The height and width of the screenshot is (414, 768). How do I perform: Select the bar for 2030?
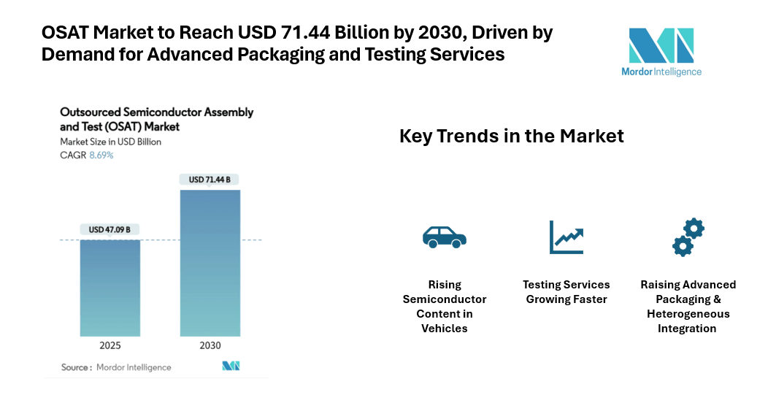point(210,262)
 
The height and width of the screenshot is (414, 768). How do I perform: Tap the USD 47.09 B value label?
point(110,230)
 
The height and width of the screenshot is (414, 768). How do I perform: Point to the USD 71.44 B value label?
point(210,180)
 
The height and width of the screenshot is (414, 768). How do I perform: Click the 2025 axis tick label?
point(110,345)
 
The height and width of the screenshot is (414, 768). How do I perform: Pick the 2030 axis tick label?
point(210,345)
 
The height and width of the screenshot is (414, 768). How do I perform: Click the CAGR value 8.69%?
point(101,156)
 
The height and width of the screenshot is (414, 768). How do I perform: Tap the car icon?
point(444,237)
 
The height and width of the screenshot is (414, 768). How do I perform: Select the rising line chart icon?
point(567,237)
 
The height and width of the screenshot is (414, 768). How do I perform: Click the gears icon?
point(688,237)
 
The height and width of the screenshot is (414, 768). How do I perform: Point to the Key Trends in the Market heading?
point(511,136)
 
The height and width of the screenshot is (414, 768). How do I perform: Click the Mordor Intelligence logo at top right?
point(661,52)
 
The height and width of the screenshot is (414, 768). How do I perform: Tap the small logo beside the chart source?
point(231,366)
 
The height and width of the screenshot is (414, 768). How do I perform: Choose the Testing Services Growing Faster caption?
point(567,292)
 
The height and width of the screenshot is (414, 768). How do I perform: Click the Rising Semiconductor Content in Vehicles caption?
point(444,307)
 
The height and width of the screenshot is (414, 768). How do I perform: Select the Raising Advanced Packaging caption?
point(688,307)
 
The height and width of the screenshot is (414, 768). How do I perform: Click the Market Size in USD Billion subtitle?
point(110,142)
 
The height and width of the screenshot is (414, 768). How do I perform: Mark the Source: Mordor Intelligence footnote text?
point(115,367)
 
